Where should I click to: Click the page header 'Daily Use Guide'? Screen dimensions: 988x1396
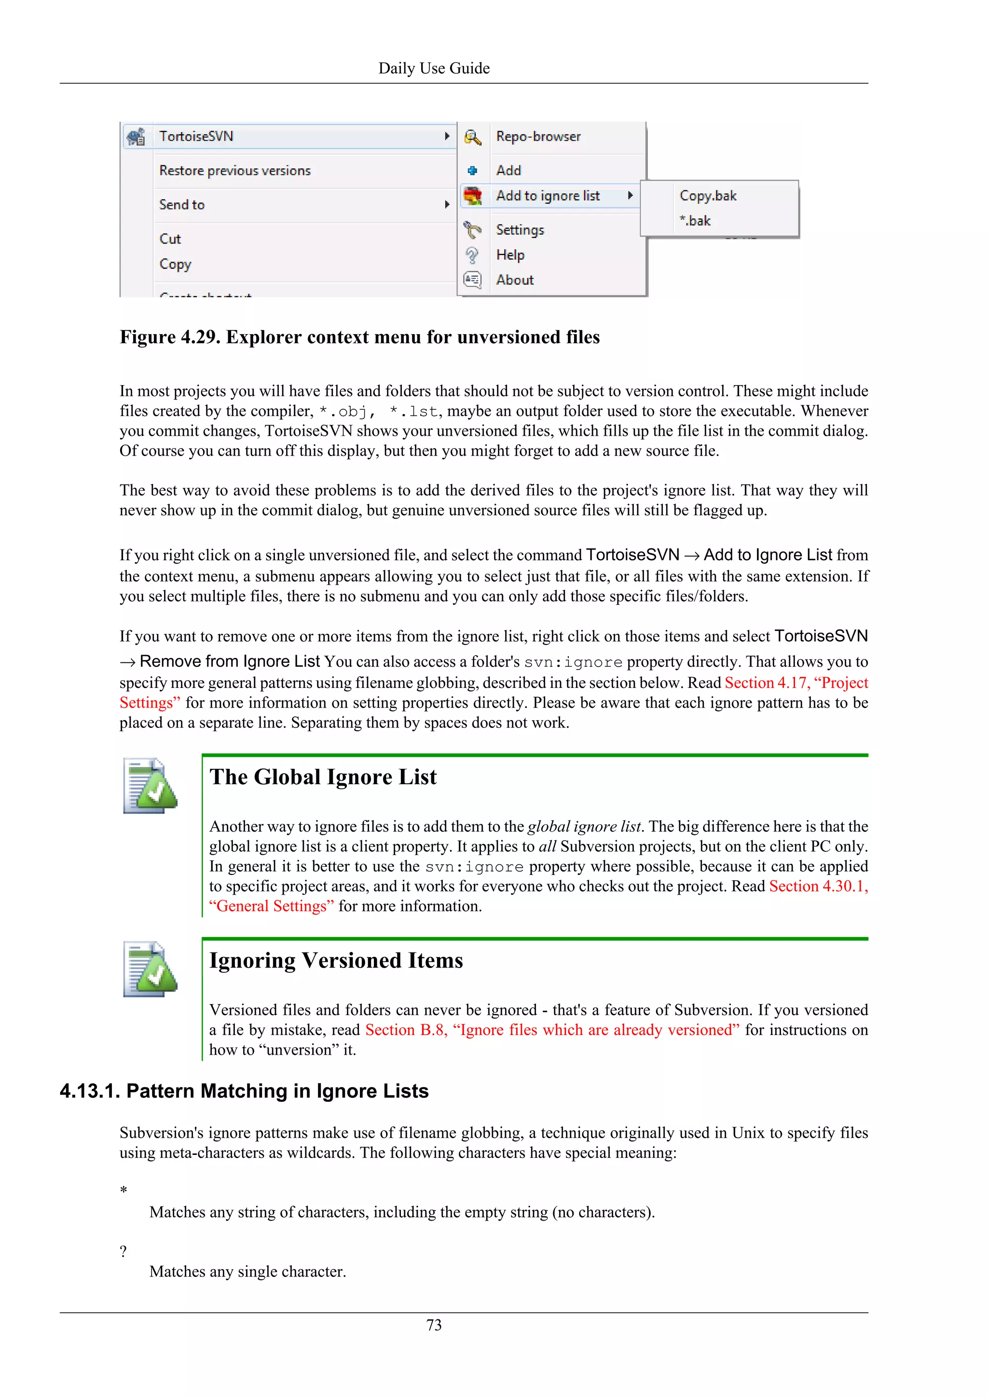(x=433, y=68)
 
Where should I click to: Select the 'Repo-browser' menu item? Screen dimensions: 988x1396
(x=538, y=136)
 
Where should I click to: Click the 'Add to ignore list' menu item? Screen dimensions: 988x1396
(x=548, y=196)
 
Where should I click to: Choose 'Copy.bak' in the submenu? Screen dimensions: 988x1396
(x=708, y=196)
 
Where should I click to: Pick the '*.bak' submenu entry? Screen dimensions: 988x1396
(x=695, y=221)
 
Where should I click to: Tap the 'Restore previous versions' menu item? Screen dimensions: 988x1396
(x=235, y=171)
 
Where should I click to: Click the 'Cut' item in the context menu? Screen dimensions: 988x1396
(x=170, y=239)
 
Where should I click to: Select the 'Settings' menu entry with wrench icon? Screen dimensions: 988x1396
(x=520, y=230)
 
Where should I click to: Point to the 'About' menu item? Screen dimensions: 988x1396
(x=515, y=280)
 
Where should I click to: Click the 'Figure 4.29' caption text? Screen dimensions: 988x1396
(x=359, y=337)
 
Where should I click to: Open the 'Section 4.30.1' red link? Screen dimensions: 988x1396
(x=818, y=886)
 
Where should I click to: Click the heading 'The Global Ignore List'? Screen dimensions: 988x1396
(x=323, y=777)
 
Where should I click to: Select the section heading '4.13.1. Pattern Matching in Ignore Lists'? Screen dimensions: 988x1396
(x=244, y=1091)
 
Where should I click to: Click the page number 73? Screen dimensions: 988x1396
(x=433, y=1326)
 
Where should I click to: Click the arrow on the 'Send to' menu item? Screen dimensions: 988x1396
(x=447, y=205)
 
